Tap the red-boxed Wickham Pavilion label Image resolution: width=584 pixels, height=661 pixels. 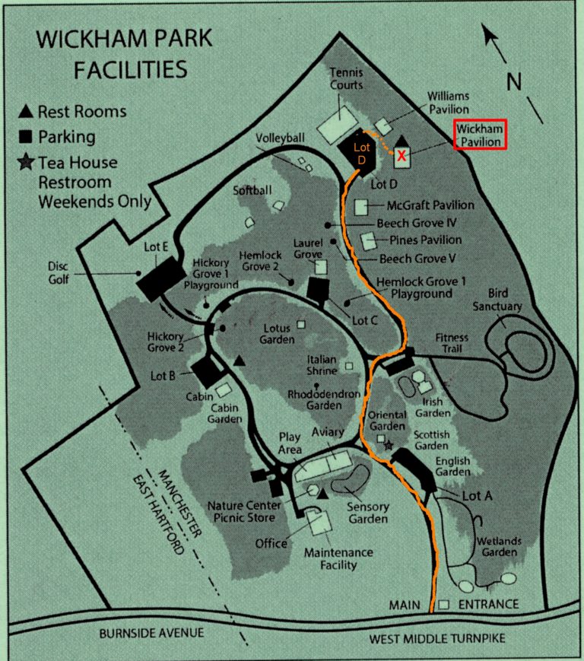pyautogui.click(x=479, y=135)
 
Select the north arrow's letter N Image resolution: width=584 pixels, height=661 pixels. pyautogui.click(x=515, y=81)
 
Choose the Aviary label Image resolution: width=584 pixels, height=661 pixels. pyautogui.click(x=328, y=432)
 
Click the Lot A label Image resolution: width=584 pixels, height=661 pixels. pyautogui.click(x=478, y=495)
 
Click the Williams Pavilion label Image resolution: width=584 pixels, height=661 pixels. pyautogui.click(x=448, y=103)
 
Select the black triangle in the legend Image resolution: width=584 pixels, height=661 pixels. pyautogui.click(x=26, y=112)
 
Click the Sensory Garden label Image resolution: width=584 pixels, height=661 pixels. pyautogui.click(x=368, y=513)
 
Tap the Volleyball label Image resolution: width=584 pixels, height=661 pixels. pyautogui.click(x=280, y=138)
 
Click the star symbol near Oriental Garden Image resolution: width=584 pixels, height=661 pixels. pyautogui.click(x=389, y=446)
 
